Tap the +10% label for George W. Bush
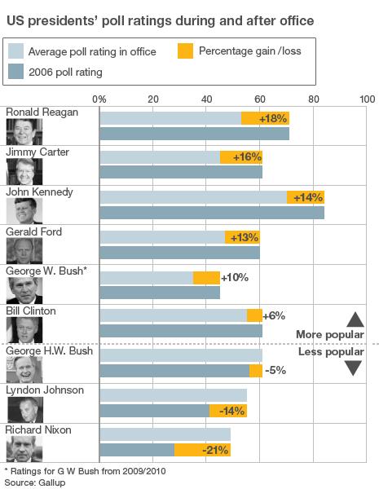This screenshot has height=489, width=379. click(234, 277)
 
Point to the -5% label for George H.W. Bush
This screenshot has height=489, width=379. click(276, 371)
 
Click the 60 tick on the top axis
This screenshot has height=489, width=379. click(259, 99)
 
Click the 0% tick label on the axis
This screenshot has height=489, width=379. click(100, 99)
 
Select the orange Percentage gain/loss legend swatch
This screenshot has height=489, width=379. click(185, 52)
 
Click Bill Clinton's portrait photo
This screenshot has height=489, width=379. click(24, 329)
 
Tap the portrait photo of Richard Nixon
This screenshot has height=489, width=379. click(24, 448)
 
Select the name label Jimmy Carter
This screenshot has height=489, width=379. click(37, 152)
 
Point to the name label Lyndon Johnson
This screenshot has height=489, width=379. click(45, 390)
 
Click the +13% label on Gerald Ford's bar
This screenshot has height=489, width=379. click(245, 237)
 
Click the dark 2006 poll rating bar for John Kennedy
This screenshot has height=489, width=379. click(212, 213)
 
